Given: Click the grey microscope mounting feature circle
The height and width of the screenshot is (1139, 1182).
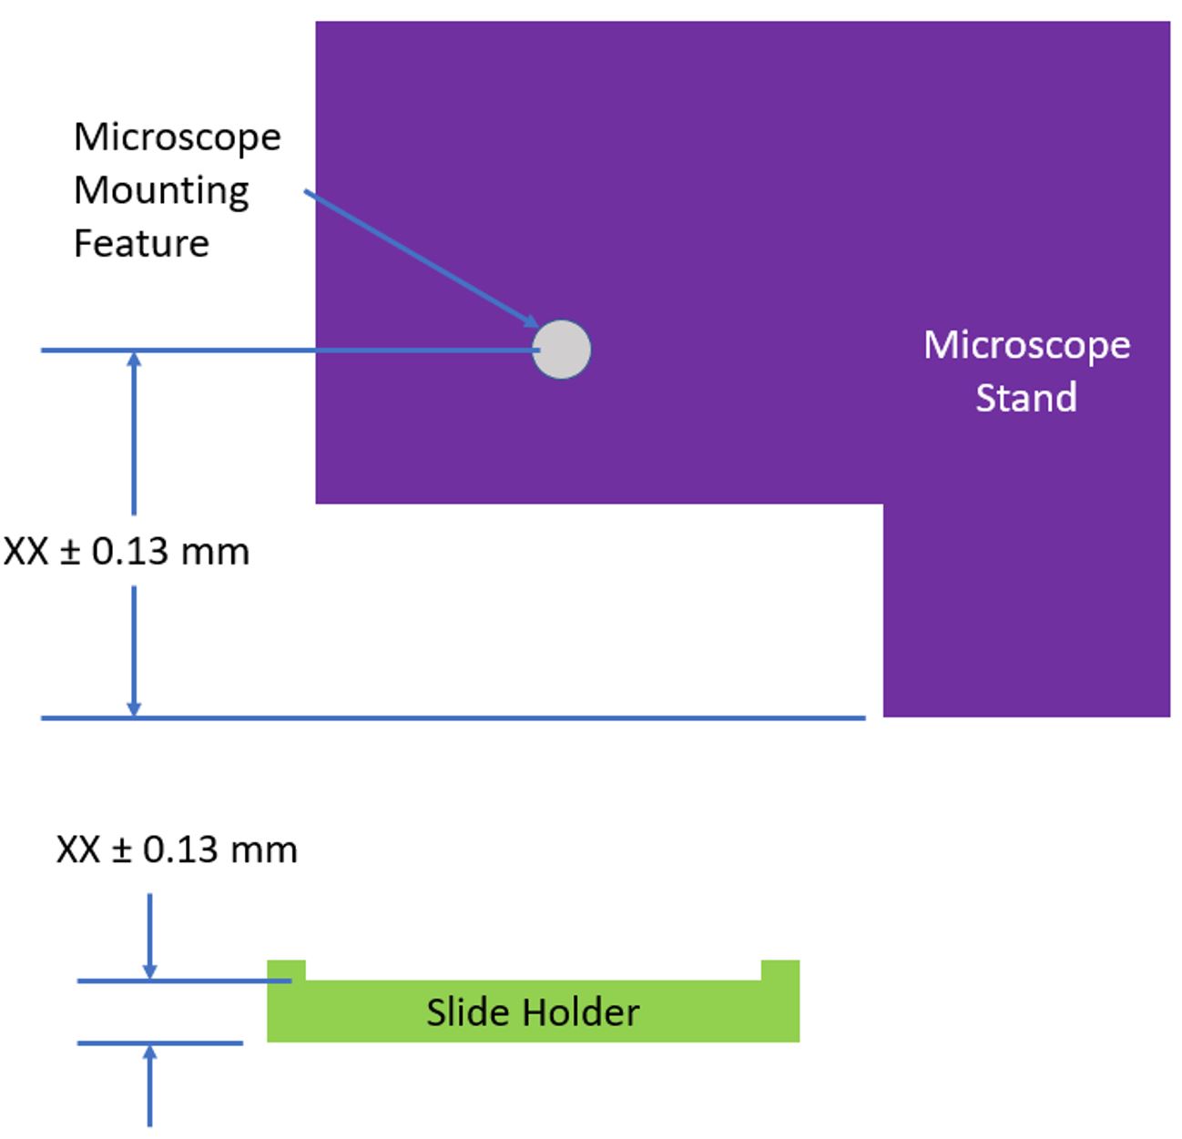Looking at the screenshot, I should (562, 350).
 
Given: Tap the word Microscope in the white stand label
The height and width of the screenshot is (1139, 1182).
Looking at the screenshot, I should (1026, 345).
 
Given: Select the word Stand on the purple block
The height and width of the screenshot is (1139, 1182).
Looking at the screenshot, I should (1026, 398).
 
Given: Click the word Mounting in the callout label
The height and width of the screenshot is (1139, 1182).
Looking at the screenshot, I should (161, 191).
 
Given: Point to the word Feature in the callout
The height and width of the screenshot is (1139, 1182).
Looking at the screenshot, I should (141, 243).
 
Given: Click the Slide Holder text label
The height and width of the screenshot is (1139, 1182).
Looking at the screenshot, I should (533, 1012).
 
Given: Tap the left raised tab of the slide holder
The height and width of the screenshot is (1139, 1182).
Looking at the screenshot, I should (286, 970).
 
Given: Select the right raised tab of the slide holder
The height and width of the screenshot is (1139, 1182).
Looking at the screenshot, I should (780, 970).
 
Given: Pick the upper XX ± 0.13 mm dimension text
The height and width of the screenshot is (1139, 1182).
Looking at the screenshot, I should (127, 552).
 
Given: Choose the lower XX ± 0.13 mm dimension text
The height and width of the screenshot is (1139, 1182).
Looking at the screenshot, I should (177, 849).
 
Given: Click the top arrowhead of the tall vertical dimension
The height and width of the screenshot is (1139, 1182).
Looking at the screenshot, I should (135, 360).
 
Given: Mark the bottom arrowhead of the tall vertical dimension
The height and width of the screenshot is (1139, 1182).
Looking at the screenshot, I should (135, 707).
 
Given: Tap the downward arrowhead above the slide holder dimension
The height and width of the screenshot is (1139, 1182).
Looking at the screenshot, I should (150, 971).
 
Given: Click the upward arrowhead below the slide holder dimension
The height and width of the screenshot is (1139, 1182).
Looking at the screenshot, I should (150, 1053).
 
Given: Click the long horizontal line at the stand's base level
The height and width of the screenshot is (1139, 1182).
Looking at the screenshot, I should (455, 718).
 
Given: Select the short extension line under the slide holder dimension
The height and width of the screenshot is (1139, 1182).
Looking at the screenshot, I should (160, 1042).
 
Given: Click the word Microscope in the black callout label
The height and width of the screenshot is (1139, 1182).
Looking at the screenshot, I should (178, 137).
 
